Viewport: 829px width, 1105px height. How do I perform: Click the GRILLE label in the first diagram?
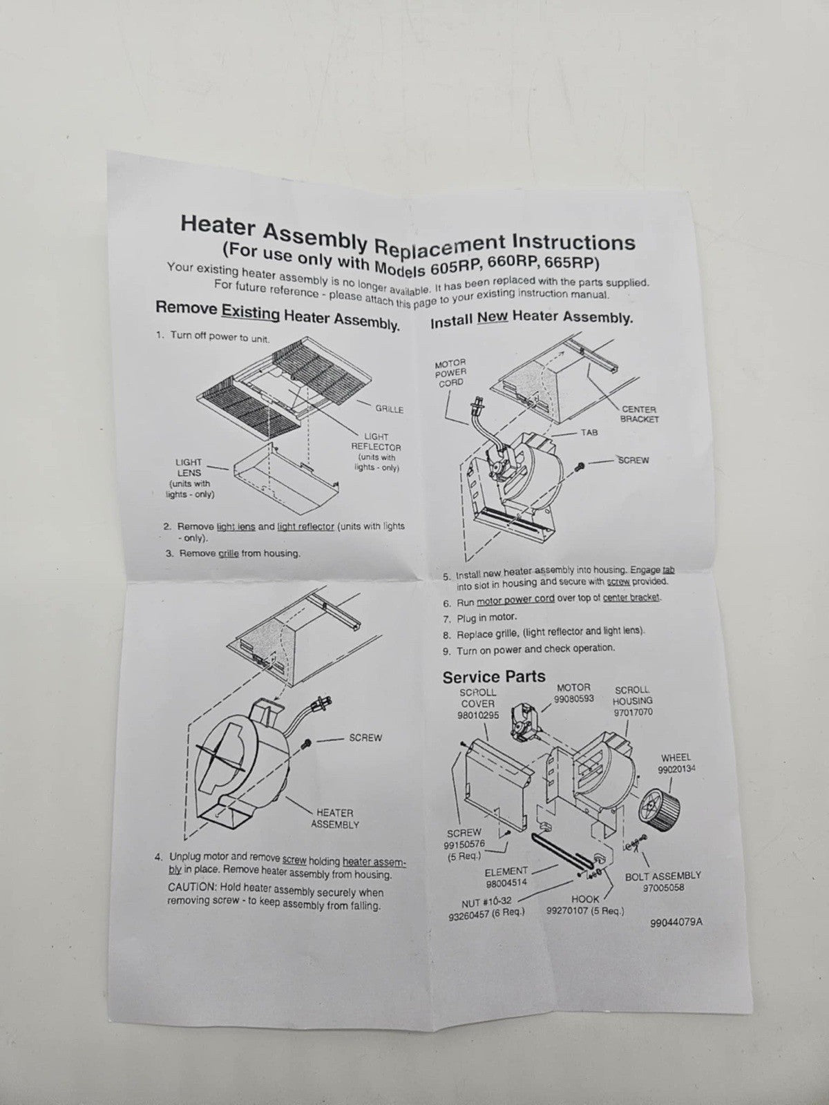click(389, 410)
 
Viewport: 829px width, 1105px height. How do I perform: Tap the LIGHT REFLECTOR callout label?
click(376, 442)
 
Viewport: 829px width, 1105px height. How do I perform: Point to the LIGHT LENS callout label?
click(188, 468)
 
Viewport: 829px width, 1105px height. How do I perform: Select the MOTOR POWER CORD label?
click(451, 372)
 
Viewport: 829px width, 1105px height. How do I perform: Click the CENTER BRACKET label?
click(639, 414)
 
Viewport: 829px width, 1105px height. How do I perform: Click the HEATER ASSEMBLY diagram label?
click(335, 818)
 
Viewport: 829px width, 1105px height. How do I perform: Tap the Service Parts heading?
click(494, 677)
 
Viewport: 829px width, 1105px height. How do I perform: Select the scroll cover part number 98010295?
click(477, 715)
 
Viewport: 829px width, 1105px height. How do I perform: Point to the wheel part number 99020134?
click(676, 770)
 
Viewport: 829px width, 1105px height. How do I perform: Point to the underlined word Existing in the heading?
click(250, 314)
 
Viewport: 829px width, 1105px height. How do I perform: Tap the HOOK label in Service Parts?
click(585, 898)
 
